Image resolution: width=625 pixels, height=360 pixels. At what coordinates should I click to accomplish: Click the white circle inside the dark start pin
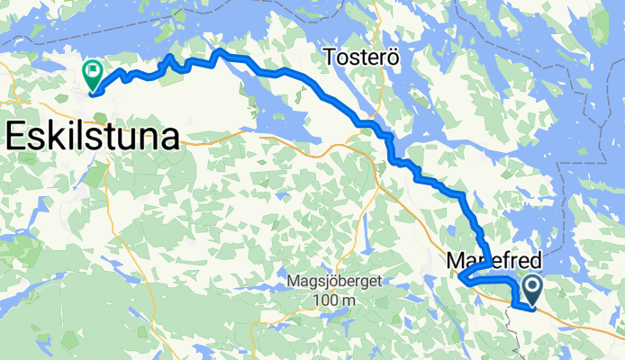click(x=531, y=287)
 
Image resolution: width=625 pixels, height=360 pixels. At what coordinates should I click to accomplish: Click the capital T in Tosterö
click(x=331, y=57)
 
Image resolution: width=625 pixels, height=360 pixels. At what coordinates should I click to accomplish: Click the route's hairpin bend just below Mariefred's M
click(x=460, y=279)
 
